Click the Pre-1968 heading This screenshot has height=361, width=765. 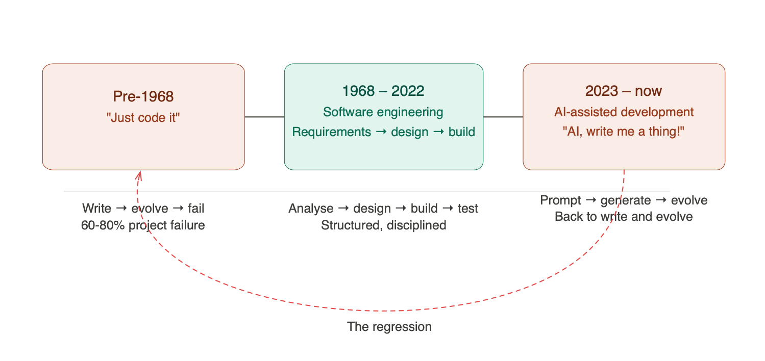point(143,96)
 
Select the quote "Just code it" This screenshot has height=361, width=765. point(143,118)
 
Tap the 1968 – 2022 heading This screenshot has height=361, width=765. point(383,91)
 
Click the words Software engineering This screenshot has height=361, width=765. point(383,112)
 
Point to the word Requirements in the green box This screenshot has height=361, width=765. point(331,132)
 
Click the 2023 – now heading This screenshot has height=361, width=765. point(624,91)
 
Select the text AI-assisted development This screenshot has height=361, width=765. point(624,112)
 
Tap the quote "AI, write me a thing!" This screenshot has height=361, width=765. point(624,132)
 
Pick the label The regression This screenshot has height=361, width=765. point(389,326)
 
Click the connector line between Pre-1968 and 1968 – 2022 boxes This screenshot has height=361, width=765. point(264,117)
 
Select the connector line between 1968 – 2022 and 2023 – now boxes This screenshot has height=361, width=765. point(503,117)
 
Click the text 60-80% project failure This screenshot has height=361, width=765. point(143,225)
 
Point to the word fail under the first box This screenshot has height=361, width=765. point(196,209)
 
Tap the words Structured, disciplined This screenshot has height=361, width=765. point(384,225)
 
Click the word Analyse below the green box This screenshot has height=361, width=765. point(311,209)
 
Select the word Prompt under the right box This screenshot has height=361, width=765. point(560,200)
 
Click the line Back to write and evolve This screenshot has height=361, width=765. point(624,217)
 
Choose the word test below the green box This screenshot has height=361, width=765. point(468,209)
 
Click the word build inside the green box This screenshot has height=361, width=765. point(462,132)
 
